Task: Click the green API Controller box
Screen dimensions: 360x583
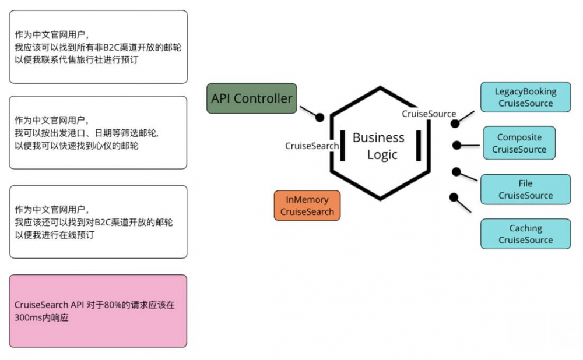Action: point(252,98)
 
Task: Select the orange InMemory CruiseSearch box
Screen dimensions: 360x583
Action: point(307,206)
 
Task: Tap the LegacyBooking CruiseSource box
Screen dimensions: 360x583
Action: point(525,97)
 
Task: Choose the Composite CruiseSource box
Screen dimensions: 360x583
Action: point(519,143)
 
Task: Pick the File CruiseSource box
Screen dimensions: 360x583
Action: point(525,189)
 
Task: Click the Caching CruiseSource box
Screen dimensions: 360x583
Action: point(525,234)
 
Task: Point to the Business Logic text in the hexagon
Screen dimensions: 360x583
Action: point(378,146)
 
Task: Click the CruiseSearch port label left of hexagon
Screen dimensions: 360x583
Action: point(312,146)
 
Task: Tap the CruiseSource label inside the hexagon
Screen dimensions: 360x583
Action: point(429,114)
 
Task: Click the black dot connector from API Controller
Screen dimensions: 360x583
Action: point(319,117)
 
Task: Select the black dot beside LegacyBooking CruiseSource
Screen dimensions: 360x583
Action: point(455,123)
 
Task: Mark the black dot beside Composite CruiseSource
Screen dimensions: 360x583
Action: point(456,145)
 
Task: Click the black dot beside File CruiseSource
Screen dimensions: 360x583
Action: point(456,172)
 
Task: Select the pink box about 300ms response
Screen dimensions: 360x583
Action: point(99,311)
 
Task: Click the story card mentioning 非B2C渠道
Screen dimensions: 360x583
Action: point(99,47)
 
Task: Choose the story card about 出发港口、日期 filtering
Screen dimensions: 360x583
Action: point(99,133)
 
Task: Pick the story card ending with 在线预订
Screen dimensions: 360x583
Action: point(99,222)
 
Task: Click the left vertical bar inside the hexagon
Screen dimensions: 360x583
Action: point(343,146)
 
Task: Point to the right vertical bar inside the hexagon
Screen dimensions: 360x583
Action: point(419,146)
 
